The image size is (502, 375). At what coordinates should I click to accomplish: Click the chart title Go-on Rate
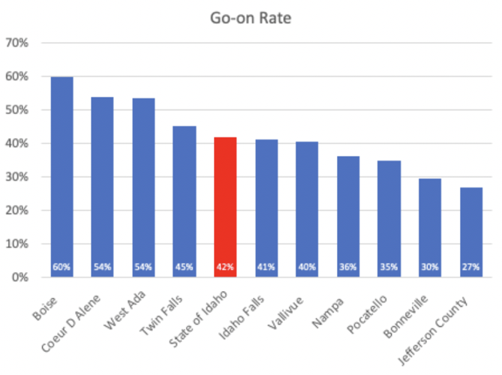[251, 17]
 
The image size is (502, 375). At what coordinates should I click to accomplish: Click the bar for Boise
[62, 176]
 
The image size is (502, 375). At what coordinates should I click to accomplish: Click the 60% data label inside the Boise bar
[62, 267]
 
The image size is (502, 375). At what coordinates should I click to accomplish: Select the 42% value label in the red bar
[226, 267]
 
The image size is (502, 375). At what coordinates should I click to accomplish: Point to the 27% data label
[471, 267]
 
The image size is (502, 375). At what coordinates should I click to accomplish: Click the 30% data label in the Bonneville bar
[430, 267]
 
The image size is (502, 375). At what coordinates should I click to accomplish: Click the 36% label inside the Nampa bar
[348, 267]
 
